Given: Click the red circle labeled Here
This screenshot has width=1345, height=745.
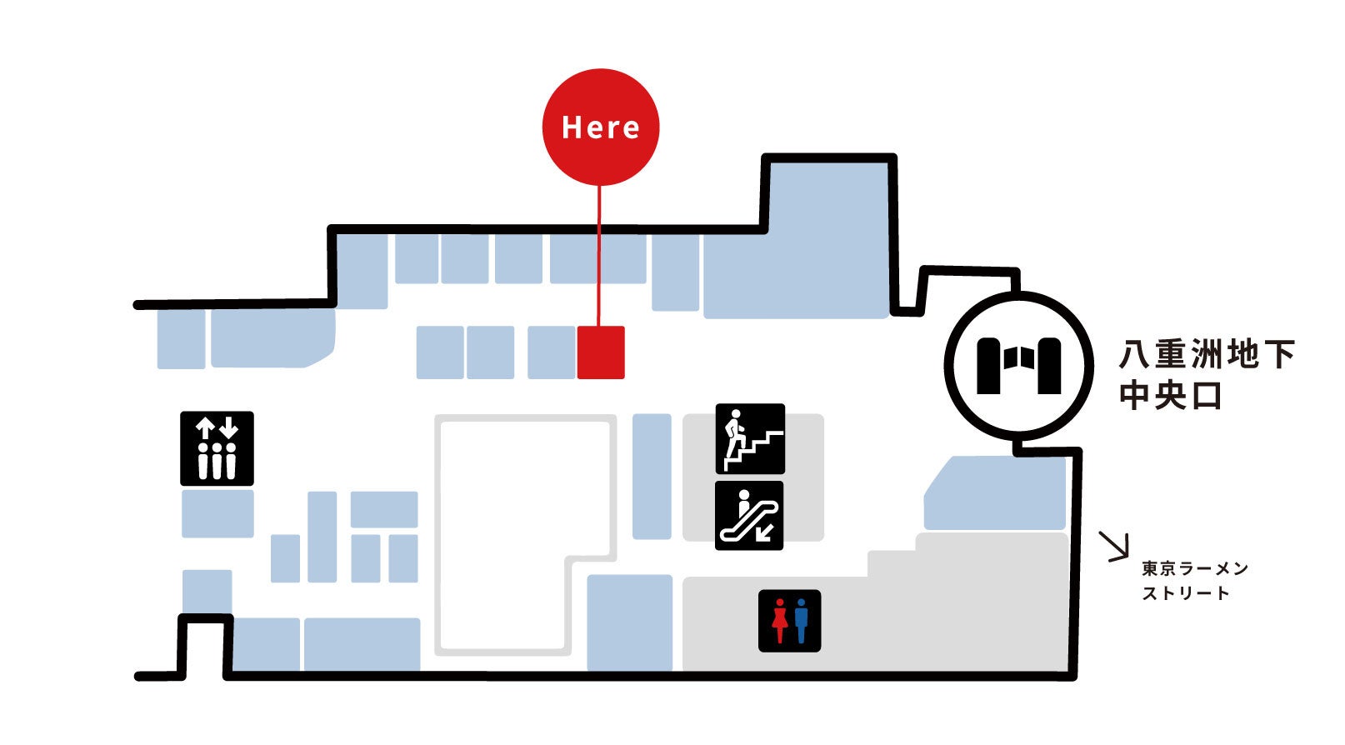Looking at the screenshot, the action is click(600, 127).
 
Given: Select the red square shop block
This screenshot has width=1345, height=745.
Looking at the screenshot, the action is click(601, 352).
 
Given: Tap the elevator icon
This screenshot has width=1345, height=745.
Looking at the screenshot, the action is click(217, 448).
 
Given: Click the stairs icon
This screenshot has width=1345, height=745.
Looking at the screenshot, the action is click(750, 439).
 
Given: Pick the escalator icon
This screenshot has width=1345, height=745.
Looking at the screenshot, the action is click(750, 516).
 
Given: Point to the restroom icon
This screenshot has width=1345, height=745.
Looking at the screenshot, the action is click(789, 621).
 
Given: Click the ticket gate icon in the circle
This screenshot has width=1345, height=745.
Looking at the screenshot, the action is click(1018, 365).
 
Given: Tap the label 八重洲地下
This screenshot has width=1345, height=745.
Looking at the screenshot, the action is click(1207, 355).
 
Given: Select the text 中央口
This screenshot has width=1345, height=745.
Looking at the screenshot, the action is click(1170, 396).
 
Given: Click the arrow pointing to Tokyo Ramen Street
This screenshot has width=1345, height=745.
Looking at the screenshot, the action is click(1114, 547).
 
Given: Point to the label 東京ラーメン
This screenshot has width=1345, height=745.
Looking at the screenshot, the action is click(1195, 569).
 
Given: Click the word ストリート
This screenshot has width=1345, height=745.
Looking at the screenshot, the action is click(1186, 594).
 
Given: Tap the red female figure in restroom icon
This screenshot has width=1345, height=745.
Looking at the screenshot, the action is click(779, 621).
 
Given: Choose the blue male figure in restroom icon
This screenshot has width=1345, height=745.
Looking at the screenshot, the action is click(801, 621).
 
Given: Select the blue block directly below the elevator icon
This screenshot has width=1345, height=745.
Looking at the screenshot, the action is click(217, 513).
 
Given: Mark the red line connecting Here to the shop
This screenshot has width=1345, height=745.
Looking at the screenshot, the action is click(599, 258).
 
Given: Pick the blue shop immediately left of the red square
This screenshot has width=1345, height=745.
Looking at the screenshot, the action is click(552, 352).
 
